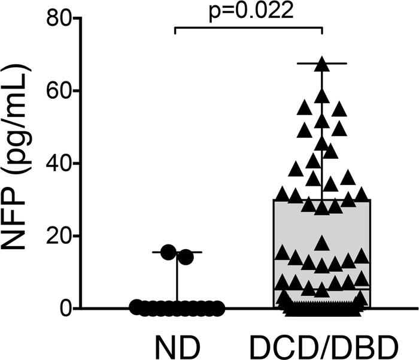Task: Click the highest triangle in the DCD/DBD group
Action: tap(322, 62)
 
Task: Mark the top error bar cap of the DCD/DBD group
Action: tap(322, 63)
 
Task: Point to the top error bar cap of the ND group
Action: tap(177, 252)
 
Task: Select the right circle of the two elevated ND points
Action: tap(186, 257)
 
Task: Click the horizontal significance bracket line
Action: tap(248, 27)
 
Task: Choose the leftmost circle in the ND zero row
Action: tap(136, 308)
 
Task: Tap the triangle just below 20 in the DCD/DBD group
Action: tap(322, 243)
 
